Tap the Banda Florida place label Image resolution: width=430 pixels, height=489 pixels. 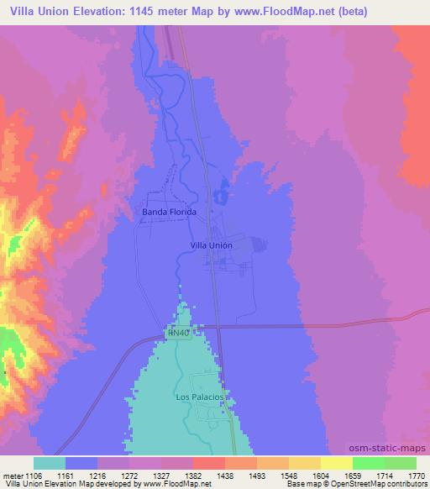169,212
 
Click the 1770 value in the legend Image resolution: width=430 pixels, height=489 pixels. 406,475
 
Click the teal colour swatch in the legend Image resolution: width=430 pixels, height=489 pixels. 50,463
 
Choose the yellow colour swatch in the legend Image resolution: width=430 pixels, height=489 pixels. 337,463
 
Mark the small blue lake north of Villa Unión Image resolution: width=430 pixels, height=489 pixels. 220,196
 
